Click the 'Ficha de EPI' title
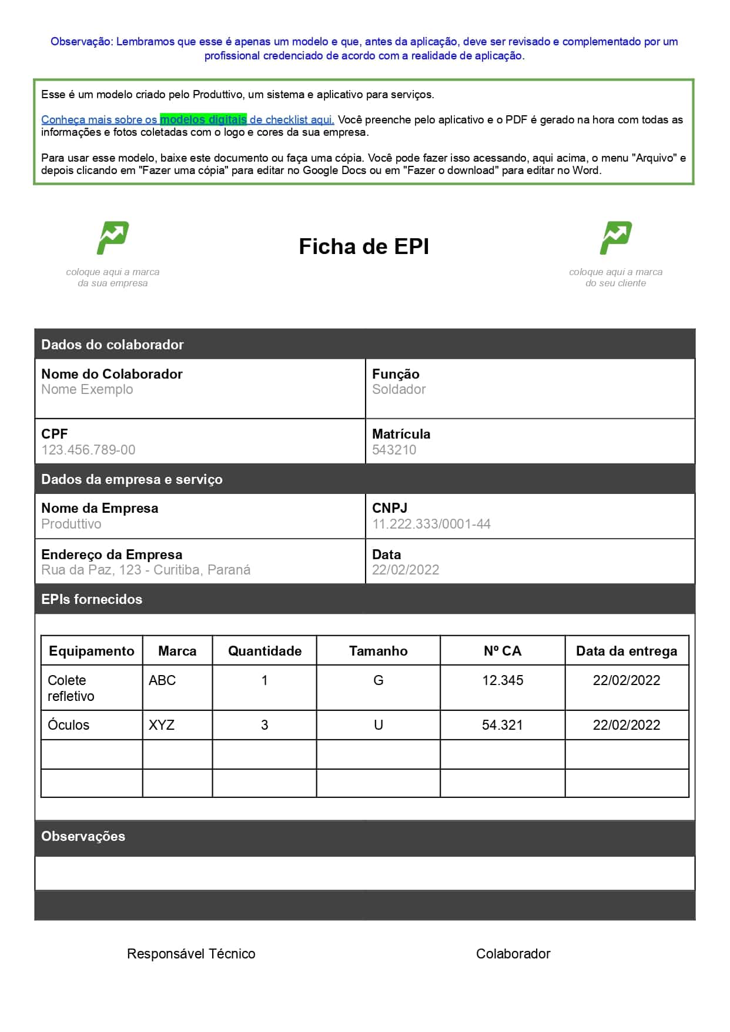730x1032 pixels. pyautogui.click(x=364, y=246)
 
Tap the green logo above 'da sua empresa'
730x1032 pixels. pyautogui.click(x=113, y=238)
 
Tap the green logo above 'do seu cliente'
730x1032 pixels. pyautogui.click(x=615, y=238)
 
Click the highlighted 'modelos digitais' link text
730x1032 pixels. pyautogui.click(x=203, y=119)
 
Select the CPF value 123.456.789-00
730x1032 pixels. pyautogui.click(x=88, y=450)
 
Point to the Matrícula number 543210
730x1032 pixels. pyautogui.click(x=394, y=450)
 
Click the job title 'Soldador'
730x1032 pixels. pyautogui.click(x=399, y=389)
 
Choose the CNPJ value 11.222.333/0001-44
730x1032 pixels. pyautogui.click(x=431, y=524)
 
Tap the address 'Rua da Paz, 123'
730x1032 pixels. pyautogui.click(x=91, y=570)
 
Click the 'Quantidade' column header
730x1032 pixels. pyautogui.click(x=264, y=651)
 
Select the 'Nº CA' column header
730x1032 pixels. pyautogui.click(x=503, y=651)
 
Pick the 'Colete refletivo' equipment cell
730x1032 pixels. pyautogui.click(x=71, y=688)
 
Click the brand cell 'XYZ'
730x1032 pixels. pyautogui.click(x=162, y=725)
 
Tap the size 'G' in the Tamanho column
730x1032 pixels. pyautogui.click(x=379, y=680)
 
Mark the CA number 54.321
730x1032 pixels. pyautogui.click(x=503, y=725)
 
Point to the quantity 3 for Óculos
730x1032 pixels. pyautogui.click(x=264, y=725)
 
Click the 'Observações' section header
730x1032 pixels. pyautogui.click(x=83, y=836)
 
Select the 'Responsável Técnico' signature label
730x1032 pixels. pyautogui.click(x=191, y=954)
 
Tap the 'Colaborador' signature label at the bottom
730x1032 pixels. pyautogui.click(x=513, y=954)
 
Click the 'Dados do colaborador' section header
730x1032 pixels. pyautogui.click(x=112, y=345)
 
